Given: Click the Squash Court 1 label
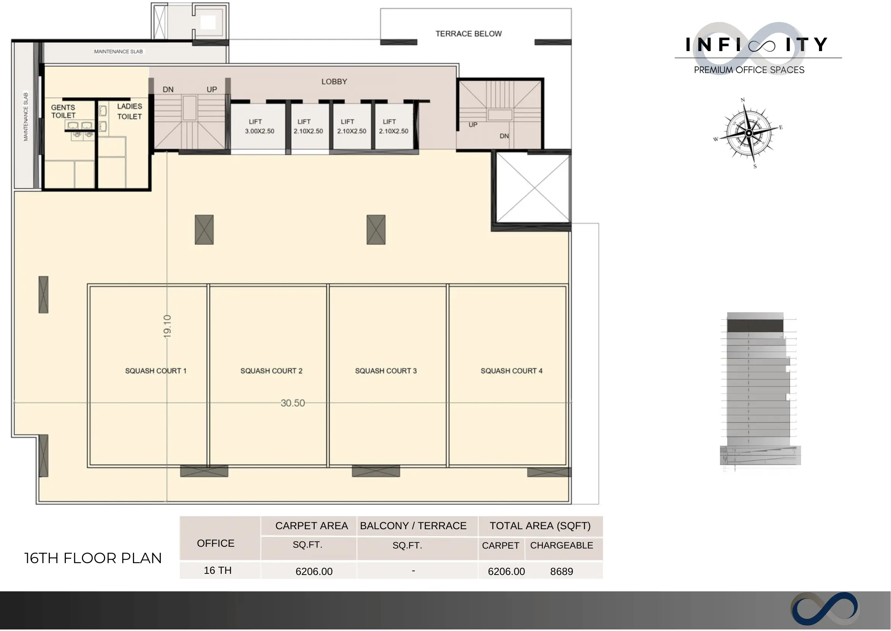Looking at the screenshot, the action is coord(156,371).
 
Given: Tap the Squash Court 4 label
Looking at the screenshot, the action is coord(511,371).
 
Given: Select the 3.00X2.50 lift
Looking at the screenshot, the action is coord(258,127).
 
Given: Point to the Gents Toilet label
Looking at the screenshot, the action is coord(63,111).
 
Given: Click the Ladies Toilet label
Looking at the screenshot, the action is coord(130,111).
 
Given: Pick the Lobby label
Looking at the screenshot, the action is coord(334,82).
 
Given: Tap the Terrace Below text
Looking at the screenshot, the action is coord(469,34).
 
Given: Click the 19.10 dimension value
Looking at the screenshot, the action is coord(167,326).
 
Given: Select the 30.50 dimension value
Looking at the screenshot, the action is coord(293,403).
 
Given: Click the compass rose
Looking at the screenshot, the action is coord(749,133).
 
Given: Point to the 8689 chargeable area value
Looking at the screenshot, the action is coord(561,572).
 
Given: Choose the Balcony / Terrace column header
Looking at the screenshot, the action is coord(413,526).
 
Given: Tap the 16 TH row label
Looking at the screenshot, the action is coord(218,570).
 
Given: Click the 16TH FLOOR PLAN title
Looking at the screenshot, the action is coord(93,558).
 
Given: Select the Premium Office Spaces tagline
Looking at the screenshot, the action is coord(749,70).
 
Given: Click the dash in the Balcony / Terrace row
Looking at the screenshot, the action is coord(413,571).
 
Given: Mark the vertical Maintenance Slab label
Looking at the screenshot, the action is coord(26,117).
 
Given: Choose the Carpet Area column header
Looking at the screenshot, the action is coord(311,526).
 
